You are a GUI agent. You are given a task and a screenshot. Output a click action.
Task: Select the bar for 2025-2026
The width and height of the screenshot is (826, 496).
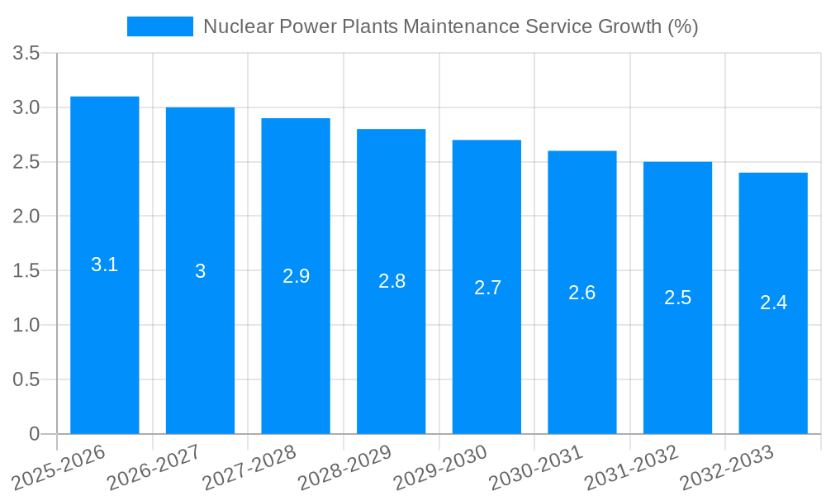(104, 331)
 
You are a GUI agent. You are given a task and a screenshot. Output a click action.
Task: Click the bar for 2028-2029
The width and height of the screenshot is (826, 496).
(391, 347)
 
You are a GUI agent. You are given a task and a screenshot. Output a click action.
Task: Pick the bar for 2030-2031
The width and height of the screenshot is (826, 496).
(582, 355)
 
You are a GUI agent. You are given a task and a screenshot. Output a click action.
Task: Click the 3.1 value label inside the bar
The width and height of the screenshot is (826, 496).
(104, 265)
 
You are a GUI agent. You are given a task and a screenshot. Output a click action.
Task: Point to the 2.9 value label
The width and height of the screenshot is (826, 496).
(296, 276)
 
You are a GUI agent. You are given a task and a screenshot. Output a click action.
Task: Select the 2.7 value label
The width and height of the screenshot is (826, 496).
(487, 288)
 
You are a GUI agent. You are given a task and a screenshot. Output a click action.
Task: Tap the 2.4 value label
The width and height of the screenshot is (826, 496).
(773, 303)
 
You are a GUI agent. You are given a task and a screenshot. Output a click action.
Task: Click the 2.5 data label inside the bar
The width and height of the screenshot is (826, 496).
(677, 298)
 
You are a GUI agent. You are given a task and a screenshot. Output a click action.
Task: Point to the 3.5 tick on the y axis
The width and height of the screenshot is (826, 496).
(26, 54)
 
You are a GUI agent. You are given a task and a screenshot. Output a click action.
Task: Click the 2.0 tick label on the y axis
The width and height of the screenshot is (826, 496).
(26, 217)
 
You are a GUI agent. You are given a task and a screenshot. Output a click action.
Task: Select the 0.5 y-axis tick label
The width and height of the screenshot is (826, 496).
(26, 379)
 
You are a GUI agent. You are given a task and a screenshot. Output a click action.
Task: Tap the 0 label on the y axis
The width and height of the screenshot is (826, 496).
(34, 434)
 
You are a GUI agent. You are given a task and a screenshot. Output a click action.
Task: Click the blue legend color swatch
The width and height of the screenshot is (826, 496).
(159, 26)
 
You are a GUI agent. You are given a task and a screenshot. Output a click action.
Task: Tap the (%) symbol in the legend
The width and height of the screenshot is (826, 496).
(682, 26)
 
